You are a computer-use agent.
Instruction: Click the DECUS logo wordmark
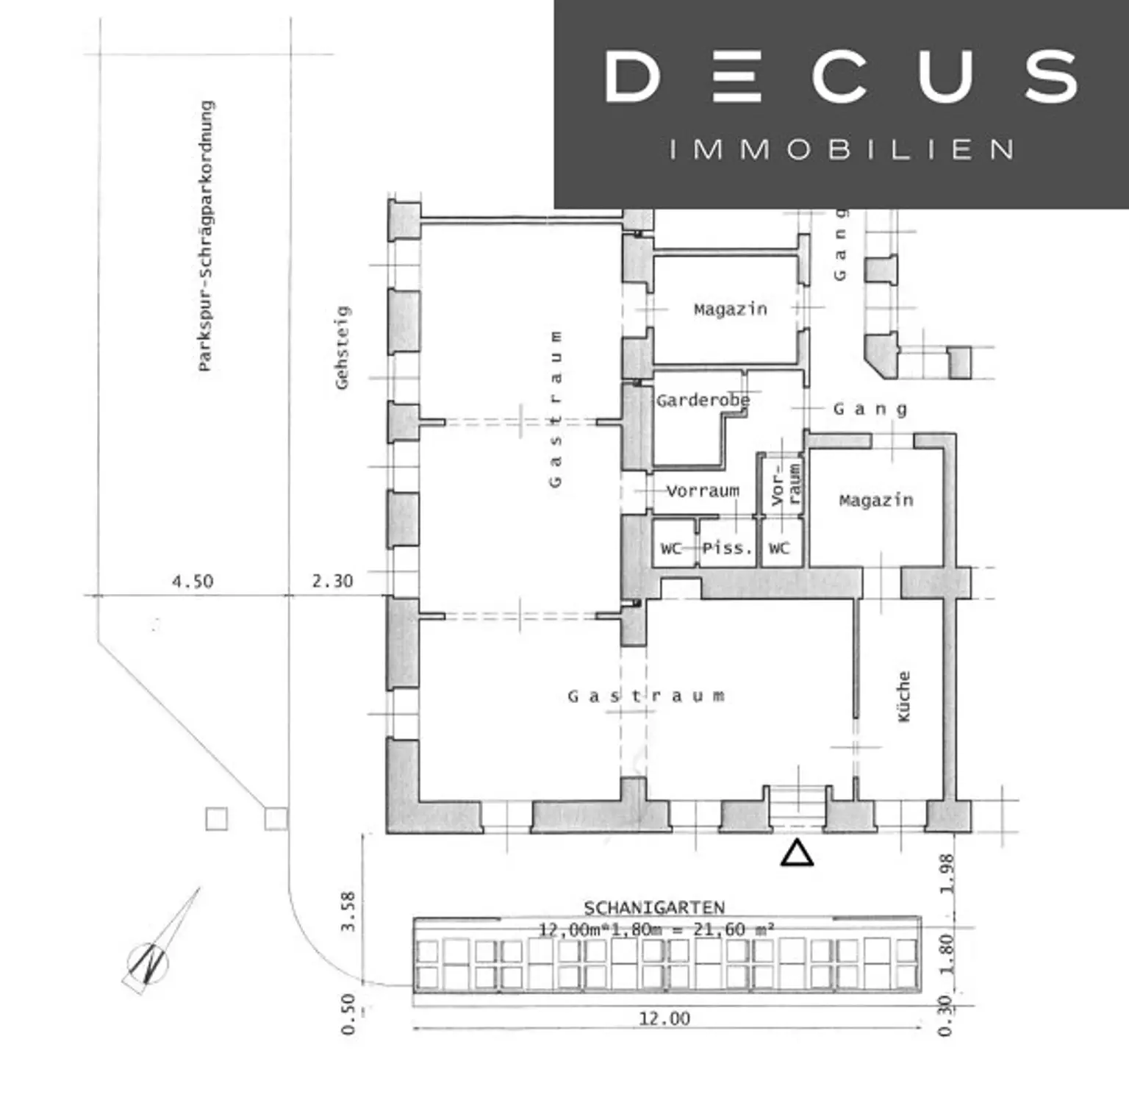pos(842,76)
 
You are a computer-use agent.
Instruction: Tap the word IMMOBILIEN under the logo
pos(842,149)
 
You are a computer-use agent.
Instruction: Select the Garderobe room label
pos(703,401)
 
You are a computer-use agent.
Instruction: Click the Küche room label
pos(904,696)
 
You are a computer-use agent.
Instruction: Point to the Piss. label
pos(728,548)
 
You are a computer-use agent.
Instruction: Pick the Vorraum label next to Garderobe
pos(703,490)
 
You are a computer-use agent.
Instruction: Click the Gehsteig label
pos(343,347)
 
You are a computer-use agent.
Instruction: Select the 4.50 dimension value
pos(193,582)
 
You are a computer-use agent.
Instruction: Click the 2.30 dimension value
pos(332,581)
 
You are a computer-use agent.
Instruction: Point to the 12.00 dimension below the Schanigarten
pos(664,1018)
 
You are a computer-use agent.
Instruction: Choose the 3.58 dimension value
pos(348,912)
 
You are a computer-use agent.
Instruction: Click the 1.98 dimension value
pos(947,874)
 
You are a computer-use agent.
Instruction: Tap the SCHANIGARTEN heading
pos(654,908)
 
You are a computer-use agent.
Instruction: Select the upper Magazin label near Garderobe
pos(731,310)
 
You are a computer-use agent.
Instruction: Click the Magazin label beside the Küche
pos(876,501)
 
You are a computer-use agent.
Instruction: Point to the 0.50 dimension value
pos(348,1015)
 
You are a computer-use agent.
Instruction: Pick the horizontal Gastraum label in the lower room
pos(646,696)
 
